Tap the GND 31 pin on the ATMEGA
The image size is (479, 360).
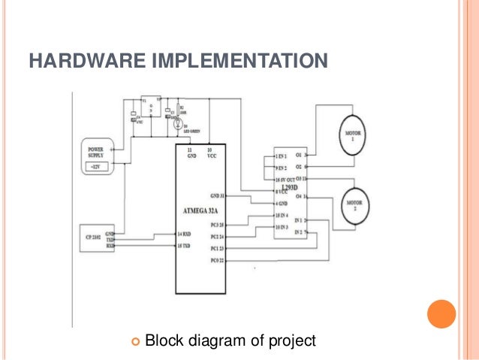pyautogui.click(x=216, y=195)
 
